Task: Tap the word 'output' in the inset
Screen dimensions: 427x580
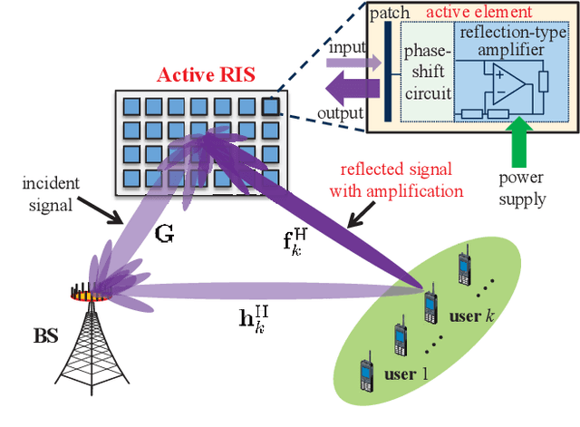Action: [x=343, y=113]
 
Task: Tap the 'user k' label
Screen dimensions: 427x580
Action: [x=472, y=318]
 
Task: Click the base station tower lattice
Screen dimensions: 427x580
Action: [x=93, y=349]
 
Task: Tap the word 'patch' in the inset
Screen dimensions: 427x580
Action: [x=391, y=13]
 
